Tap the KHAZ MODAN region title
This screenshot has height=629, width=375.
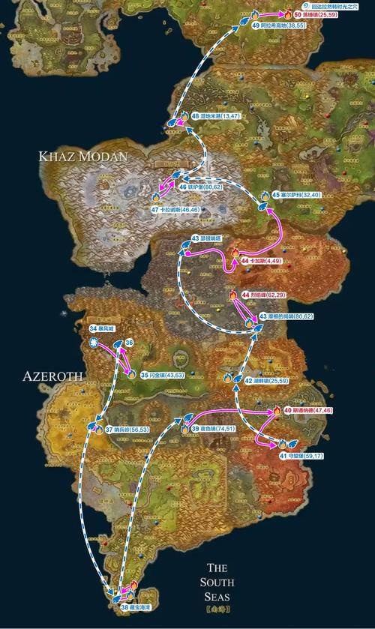84,155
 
